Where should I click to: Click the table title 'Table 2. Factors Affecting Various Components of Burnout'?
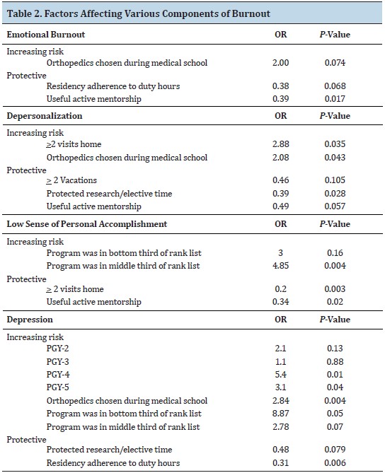(x=139, y=13)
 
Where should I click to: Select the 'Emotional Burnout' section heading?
(x=46, y=35)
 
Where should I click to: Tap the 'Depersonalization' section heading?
(x=45, y=116)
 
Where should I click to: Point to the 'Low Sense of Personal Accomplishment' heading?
(x=87, y=224)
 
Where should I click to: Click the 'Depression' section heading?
(x=30, y=320)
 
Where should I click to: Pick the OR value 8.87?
(x=280, y=414)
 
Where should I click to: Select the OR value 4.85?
(x=280, y=266)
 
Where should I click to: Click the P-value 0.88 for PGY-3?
(x=335, y=361)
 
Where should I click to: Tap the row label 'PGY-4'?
(x=58, y=374)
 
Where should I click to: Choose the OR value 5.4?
(x=280, y=374)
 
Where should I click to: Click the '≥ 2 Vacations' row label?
(x=71, y=180)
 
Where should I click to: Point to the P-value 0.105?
(x=335, y=180)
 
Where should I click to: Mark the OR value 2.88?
(x=280, y=144)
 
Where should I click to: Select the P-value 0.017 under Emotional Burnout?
(x=335, y=99)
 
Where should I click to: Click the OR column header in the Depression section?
(x=280, y=320)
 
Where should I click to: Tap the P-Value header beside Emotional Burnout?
(x=335, y=35)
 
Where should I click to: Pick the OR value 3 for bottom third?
(x=280, y=253)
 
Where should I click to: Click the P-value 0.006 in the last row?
(x=335, y=462)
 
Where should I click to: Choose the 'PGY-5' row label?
(x=57, y=387)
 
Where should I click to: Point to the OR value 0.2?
(x=280, y=289)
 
